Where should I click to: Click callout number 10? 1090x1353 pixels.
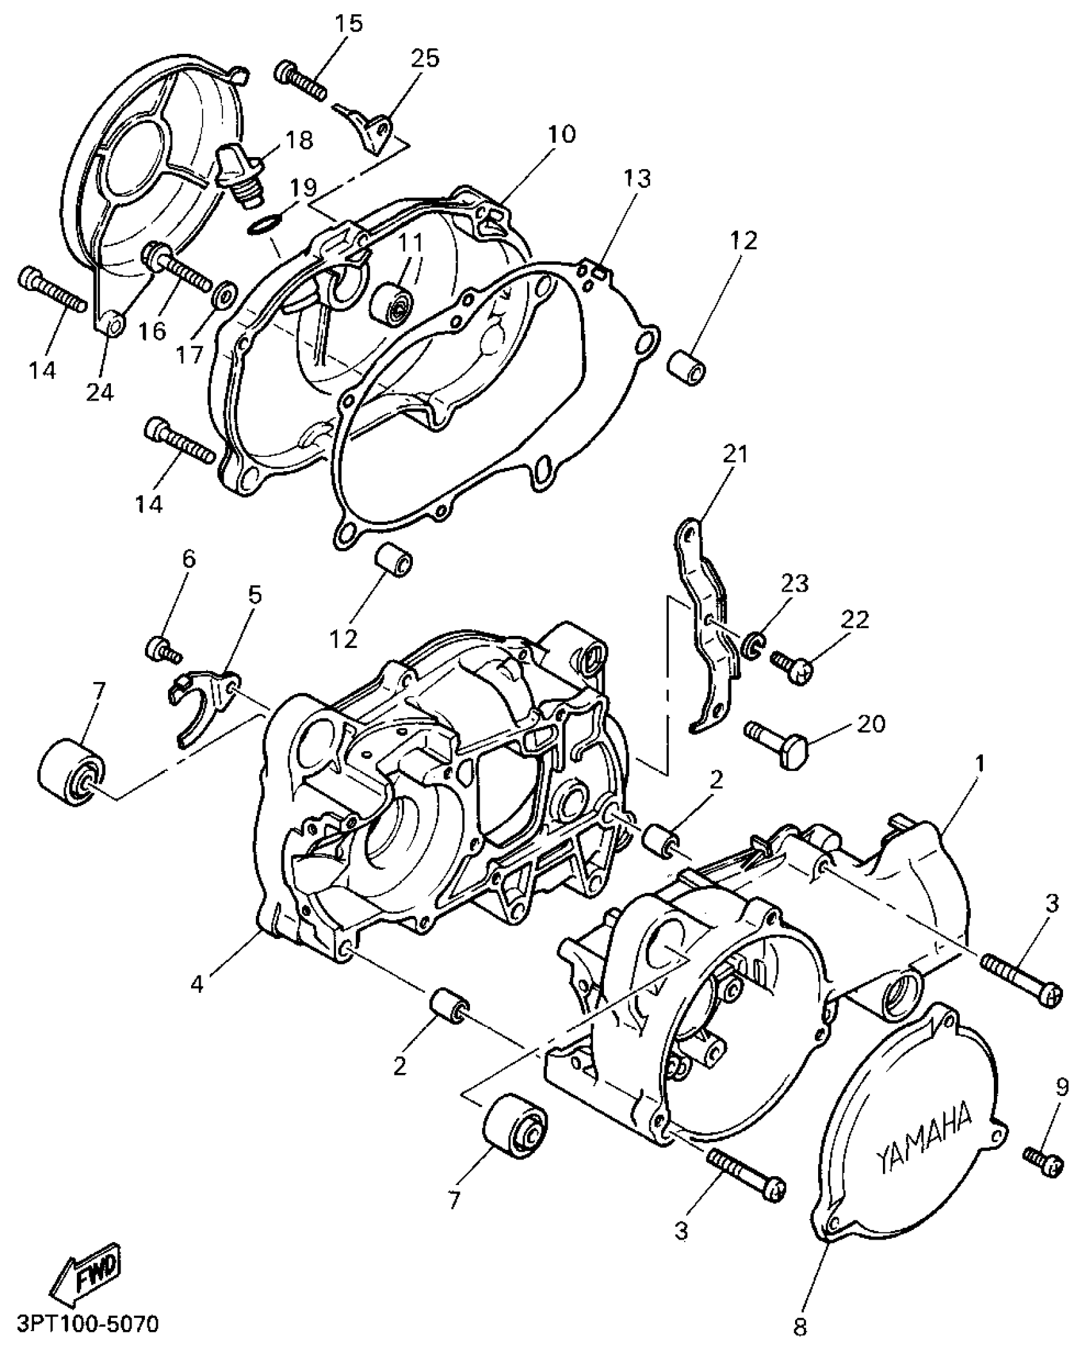click(x=562, y=134)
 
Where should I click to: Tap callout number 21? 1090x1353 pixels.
click(x=735, y=454)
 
